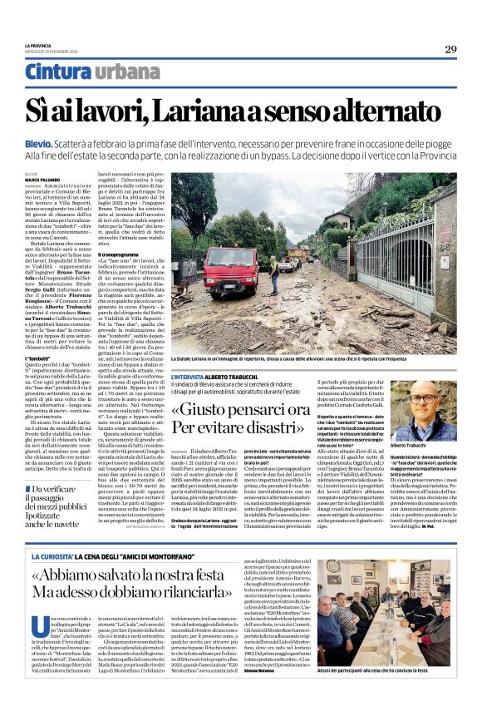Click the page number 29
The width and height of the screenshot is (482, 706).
coord(450,49)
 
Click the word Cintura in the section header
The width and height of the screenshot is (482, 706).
coord(58,72)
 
